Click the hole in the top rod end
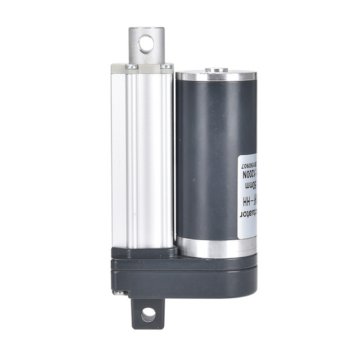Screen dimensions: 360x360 (146, 43)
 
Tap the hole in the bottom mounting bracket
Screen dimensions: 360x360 (148, 314)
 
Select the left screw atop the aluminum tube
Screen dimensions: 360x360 (130, 66)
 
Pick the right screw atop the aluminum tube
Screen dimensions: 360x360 (166, 66)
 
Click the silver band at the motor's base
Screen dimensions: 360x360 (216, 246)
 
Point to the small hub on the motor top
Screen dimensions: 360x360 (216, 70)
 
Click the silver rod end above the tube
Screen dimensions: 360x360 (146, 45)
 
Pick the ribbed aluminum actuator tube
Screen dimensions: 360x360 (142, 157)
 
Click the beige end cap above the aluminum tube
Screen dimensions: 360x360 (142, 67)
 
